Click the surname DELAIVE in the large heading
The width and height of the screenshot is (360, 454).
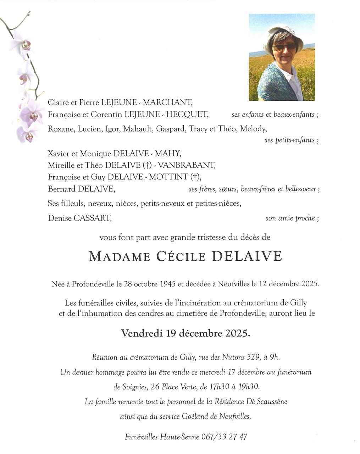click(x=247, y=256)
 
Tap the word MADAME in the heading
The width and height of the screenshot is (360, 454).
click(x=120, y=256)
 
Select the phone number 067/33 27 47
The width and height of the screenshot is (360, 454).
click(x=224, y=437)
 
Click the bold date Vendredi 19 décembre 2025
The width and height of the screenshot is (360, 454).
click(x=185, y=333)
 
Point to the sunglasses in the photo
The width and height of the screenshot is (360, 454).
click(x=284, y=46)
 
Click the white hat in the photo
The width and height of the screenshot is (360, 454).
click(x=284, y=34)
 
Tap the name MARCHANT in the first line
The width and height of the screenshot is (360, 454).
click(x=167, y=103)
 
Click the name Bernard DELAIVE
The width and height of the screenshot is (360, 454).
click(x=81, y=189)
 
